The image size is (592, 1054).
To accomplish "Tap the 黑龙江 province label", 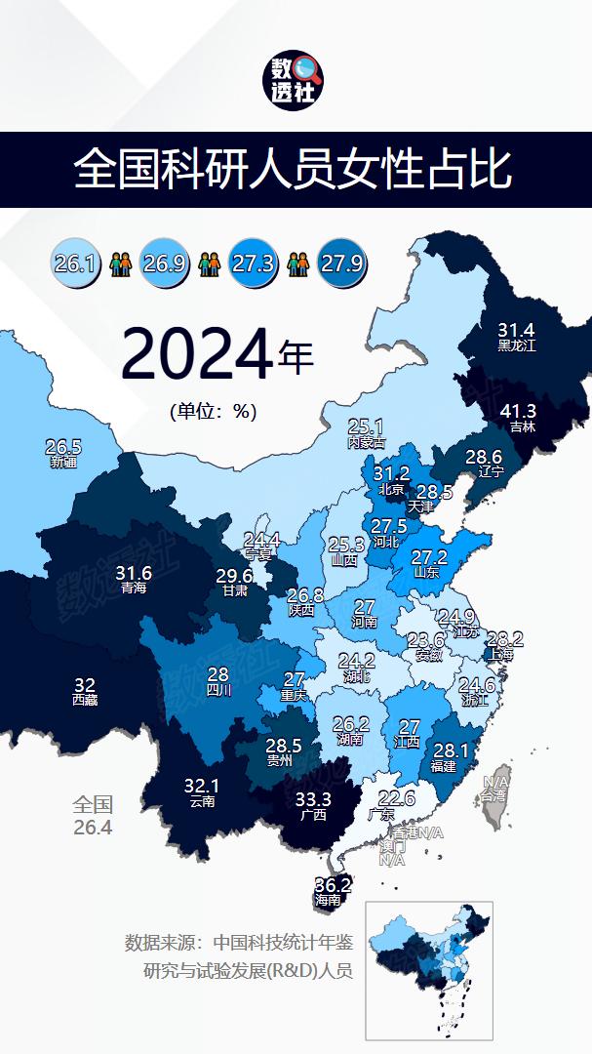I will click(517, 345).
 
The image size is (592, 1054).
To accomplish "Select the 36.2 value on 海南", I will click(333, 885).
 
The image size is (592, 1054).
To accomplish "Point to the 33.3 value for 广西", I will click(313, 799).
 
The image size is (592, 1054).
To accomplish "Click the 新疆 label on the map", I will click(62, 461).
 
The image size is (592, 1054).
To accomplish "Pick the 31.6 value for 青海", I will click(133, 573).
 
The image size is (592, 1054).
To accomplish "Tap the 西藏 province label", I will click(85, 700).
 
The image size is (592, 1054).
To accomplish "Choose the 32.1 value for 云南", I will click(203, 786).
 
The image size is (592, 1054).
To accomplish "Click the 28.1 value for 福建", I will click(450, 750).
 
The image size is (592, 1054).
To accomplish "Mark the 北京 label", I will click(390, 489).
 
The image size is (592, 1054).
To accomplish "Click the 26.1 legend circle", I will click(74, 263).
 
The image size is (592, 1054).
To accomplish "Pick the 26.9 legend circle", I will click(164, 263).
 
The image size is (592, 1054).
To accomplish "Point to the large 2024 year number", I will click(196, 357).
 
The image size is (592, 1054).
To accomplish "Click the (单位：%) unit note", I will click(213, 412).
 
